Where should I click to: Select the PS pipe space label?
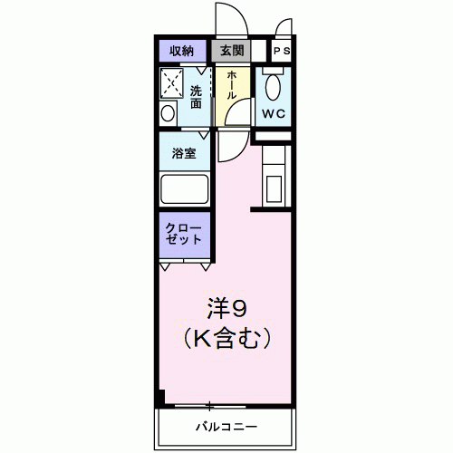tap(281, 51)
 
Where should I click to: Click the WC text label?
tap(274, 113)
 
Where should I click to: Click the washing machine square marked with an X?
tap(172, 82)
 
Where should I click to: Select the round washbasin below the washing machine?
tap(169, 113)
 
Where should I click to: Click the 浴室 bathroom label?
tap(185, 152)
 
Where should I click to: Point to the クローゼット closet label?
tap(185, 232)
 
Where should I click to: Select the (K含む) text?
tap(228, 340)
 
